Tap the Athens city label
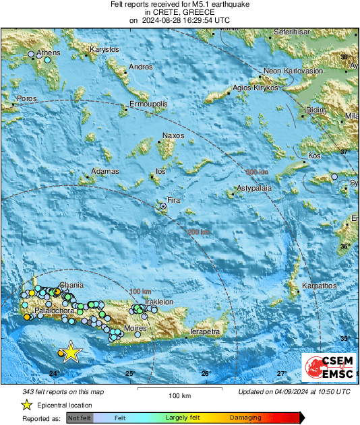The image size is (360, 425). pos(49,52)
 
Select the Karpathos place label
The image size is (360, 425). pos(319,286)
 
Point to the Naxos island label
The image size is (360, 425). pos(173,136)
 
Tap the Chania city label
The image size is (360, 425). pos(71,285)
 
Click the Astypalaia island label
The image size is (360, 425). pos(254,188)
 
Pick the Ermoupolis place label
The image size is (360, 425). pos(149,104)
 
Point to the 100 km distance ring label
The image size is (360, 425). pos(140,290)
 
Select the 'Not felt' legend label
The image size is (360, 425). pos(80,418)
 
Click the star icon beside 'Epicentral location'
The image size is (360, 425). pos(26,405)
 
